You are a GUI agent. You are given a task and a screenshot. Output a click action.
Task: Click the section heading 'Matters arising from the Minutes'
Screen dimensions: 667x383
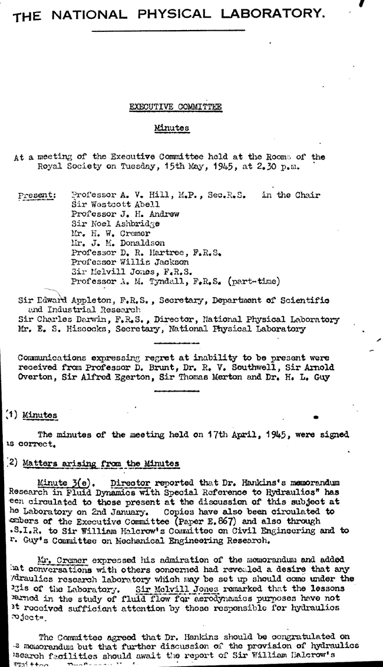(x=100, y=464)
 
